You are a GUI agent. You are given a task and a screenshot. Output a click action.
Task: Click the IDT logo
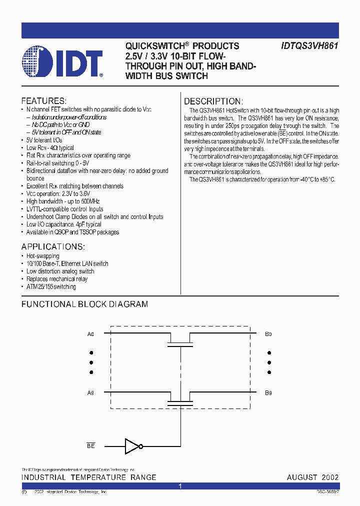tap(62, 62)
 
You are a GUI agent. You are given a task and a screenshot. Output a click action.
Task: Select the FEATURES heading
tap(44, 100)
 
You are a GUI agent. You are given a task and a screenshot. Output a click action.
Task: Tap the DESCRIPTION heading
tap(213, 101)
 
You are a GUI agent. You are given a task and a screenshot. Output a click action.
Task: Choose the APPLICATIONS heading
tap(53, 247)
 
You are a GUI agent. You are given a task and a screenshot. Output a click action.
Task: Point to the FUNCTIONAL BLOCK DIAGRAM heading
tap(84, 304)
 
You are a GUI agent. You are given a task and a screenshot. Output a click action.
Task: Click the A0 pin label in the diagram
tap(90, 333)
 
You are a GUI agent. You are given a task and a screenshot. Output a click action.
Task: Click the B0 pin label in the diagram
tap(268, 333)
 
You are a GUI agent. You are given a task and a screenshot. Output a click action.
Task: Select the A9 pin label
tap(90, 393)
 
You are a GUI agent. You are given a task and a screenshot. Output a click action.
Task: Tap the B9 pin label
tap(268, 393)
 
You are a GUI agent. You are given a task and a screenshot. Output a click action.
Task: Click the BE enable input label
tap(90, 445)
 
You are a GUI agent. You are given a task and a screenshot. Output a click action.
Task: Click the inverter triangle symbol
tap(133, 445)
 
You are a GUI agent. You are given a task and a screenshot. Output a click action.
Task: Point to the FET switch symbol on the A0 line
tap(180, 341)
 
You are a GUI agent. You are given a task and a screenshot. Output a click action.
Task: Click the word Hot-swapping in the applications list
tap(43, 256)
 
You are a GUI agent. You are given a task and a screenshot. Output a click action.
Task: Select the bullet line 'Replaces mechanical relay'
tap(57, 279)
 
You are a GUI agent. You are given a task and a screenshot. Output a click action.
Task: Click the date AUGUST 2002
tap(312, 477)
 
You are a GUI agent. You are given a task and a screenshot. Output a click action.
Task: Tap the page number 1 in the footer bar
tap(180, 486)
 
